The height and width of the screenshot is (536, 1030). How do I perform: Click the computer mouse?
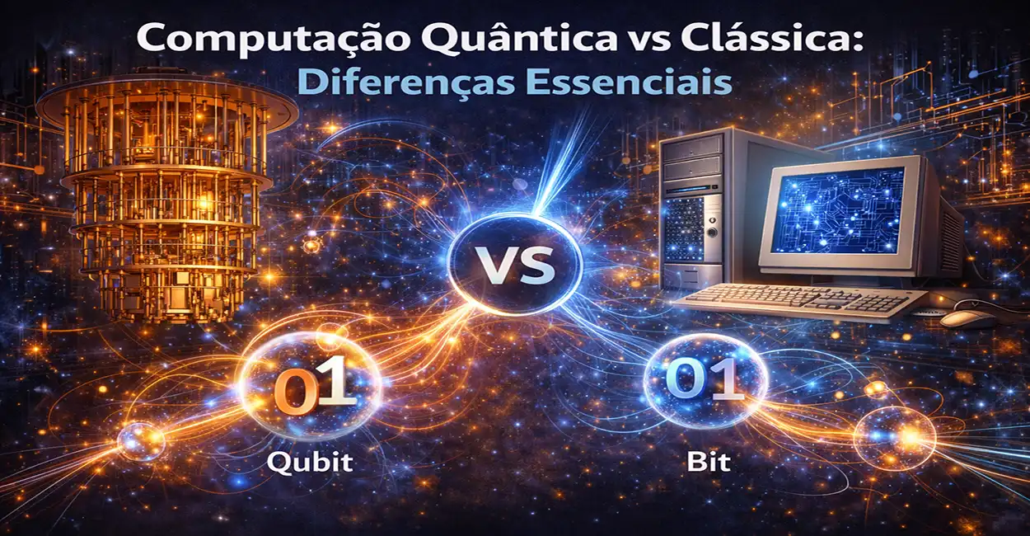(x=967, y=317)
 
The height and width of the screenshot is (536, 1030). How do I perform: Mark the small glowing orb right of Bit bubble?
(x=894, y=437)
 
